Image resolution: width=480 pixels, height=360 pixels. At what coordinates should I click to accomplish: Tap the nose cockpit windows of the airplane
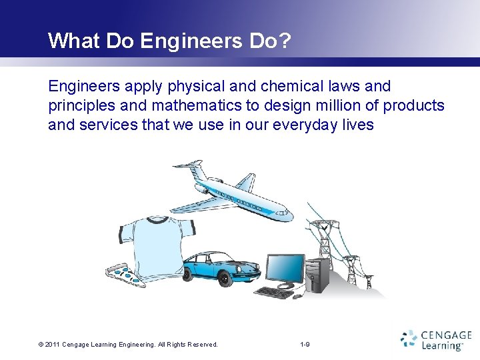pyautogui.click(x=283, y=211)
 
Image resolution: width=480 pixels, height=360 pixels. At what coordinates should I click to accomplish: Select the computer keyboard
pyautogui.click(x=275, y=292)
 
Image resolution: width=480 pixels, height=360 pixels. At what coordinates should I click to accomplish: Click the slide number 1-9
pyautogui.click(x=305, y=344)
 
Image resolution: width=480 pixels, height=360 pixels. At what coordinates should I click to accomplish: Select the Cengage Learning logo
pyautogui.click(x=436, y=340)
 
